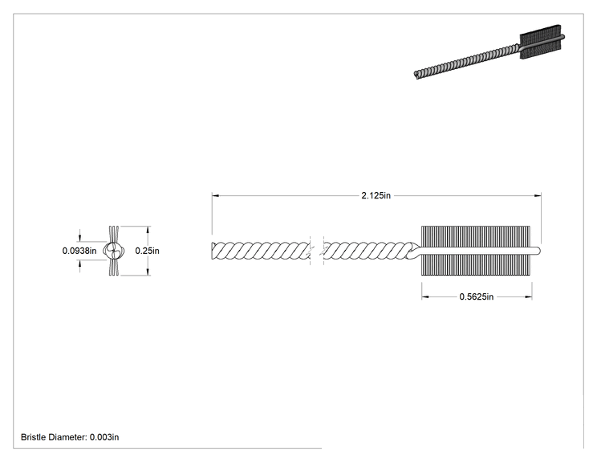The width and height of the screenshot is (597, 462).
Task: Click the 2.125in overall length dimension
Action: (376, 195)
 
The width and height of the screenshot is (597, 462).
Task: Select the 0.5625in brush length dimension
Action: (477, 296)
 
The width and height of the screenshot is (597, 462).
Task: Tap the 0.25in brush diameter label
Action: (147, 251)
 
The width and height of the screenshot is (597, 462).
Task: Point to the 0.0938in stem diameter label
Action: (79, 251)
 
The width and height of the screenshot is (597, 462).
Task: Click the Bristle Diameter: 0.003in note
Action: (70, 437)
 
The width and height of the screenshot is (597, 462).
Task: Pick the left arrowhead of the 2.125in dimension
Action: (216, 195)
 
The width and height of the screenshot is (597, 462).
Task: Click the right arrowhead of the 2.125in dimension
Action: (538, 195)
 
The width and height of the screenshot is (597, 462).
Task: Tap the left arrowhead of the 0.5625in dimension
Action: (425, 296)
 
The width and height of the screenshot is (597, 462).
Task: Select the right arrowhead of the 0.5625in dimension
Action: (529, 296)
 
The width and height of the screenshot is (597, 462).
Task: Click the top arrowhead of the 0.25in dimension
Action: (148, 230)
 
